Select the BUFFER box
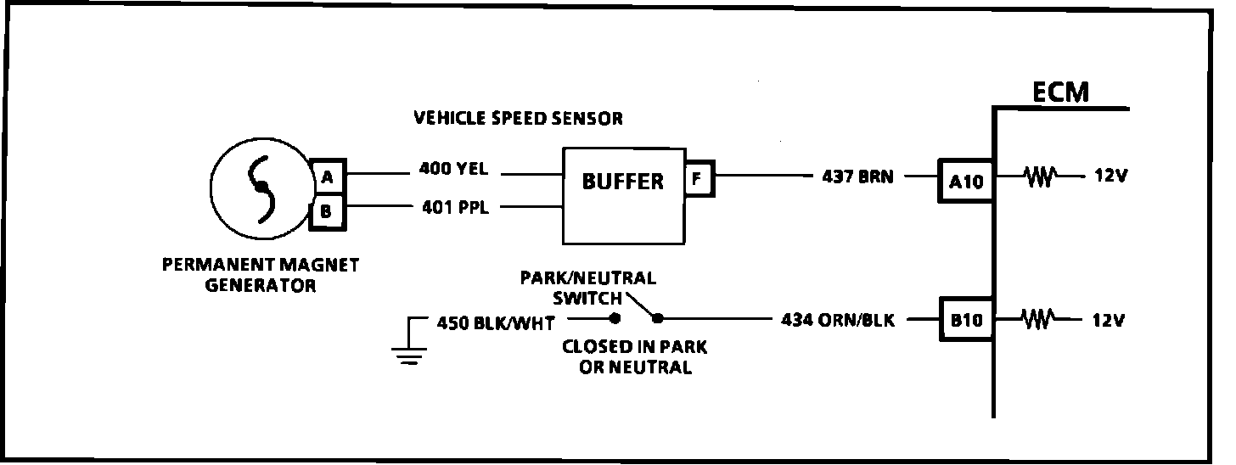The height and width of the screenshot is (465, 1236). pos(623,194)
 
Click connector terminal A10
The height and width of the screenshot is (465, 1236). pos(965,181)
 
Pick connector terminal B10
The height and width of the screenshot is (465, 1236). pos(965,321)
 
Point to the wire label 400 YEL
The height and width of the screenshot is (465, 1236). pos(454,169)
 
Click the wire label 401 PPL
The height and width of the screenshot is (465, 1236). pos(454,206)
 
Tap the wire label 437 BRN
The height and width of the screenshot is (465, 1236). pos(857,178)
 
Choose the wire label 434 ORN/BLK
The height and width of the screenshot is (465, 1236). pos(837,321)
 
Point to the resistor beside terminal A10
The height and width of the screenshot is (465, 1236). pos(1040,177)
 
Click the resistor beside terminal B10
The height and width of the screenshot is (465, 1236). pos(1040,320)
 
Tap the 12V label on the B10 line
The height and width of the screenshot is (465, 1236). pos(1107,321)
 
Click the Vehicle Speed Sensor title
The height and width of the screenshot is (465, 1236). pos(518,118)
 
